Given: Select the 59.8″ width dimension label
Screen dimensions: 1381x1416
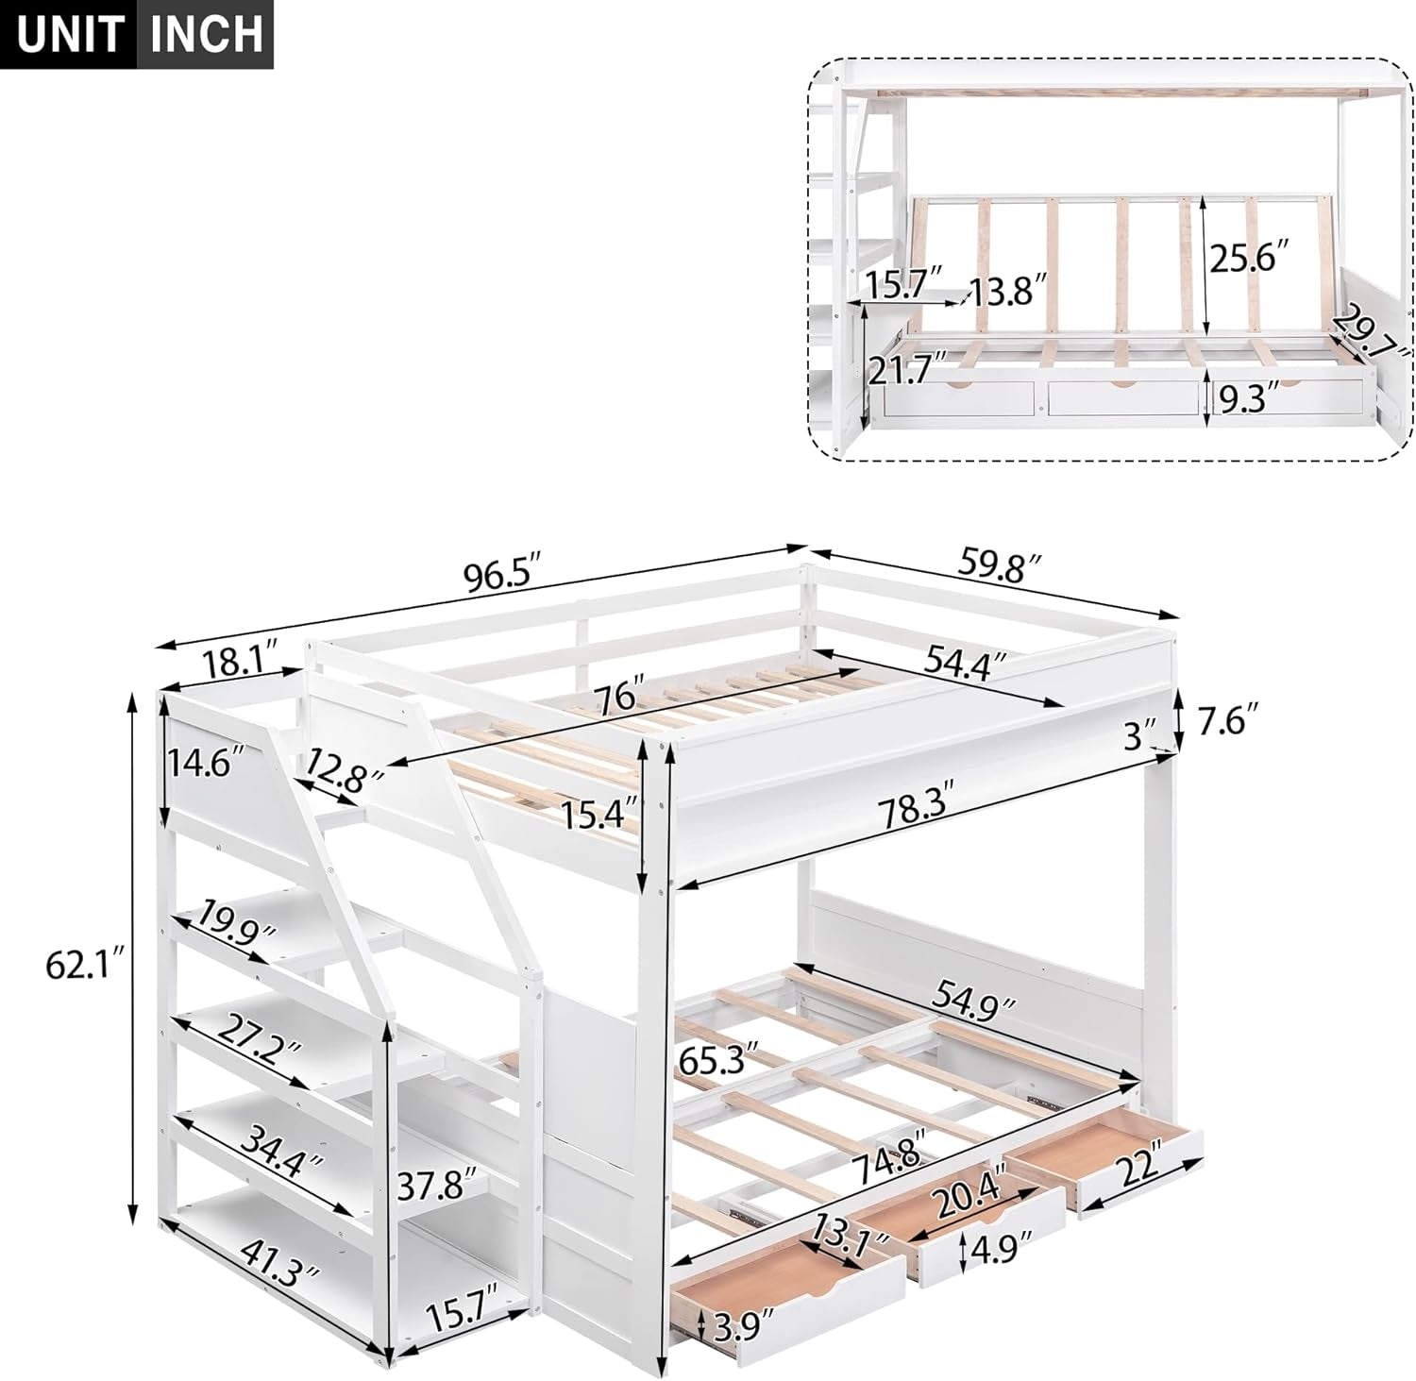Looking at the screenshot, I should click(x=1001, y=564).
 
